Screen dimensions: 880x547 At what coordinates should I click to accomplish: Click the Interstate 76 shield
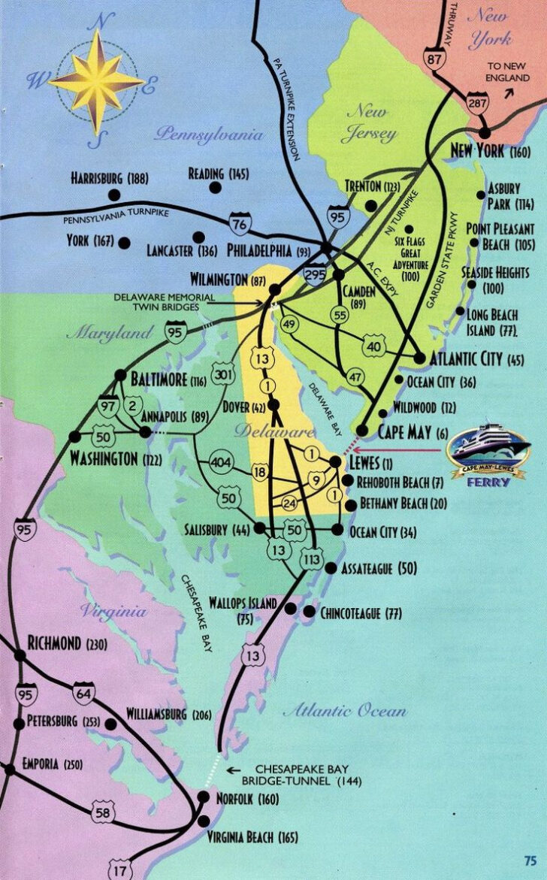click(x=240, y=223)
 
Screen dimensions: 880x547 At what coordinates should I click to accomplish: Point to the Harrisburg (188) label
click(x=110, y=179)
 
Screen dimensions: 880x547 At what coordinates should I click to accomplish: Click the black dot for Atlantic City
click(x=419, y=358)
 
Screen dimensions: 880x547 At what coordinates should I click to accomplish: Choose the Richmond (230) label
click(x=67, y=643)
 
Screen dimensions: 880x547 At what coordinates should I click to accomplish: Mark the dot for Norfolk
click(x=204, y=797)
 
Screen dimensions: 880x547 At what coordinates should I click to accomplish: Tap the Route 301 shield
click(x=222, y=375)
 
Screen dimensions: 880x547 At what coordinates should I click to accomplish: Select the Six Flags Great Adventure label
click(x=409, y=259)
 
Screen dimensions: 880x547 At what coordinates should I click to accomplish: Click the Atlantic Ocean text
click(x=345, y=710)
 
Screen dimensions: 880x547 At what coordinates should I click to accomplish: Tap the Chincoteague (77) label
click(x=361, y=613)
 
